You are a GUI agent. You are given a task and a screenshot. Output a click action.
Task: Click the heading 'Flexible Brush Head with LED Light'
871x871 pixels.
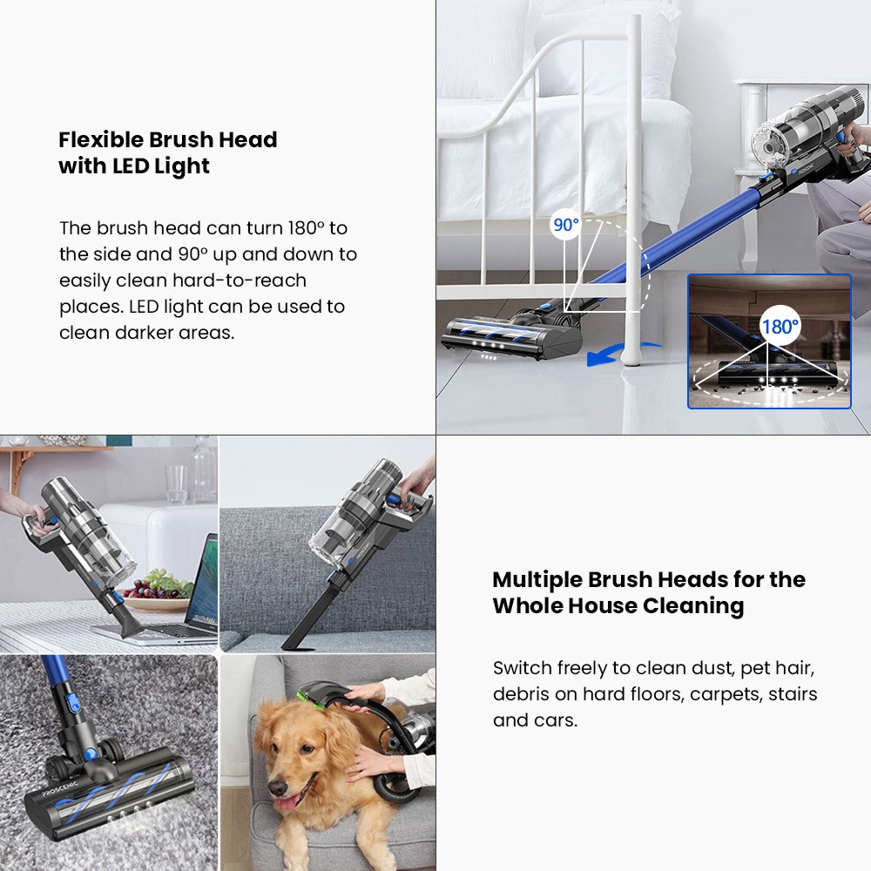point(167,152)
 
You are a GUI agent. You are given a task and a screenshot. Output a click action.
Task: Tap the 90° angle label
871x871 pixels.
point(565,225)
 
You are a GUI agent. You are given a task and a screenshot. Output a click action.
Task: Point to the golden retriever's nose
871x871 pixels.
point(278,787)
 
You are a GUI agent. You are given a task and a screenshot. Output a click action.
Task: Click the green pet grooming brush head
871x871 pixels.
point(307,694)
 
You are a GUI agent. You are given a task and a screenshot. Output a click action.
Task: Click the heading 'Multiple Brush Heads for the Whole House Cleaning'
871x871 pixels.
point(649,592)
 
